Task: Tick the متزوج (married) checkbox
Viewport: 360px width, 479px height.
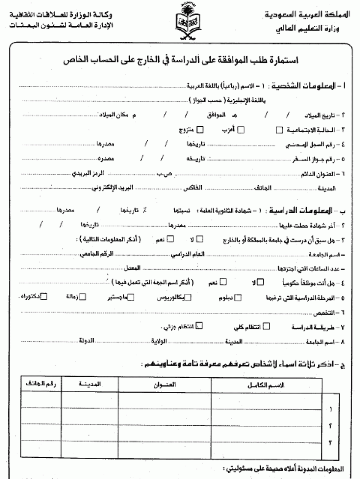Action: coord(199,130)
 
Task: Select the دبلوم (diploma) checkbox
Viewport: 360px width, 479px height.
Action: coord(237,298)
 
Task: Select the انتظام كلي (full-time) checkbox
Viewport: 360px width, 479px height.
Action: coord(267,326)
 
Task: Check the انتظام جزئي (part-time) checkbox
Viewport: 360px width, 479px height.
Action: coord(199,326)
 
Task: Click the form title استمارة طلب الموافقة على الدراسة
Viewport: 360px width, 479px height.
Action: coord(183,60)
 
